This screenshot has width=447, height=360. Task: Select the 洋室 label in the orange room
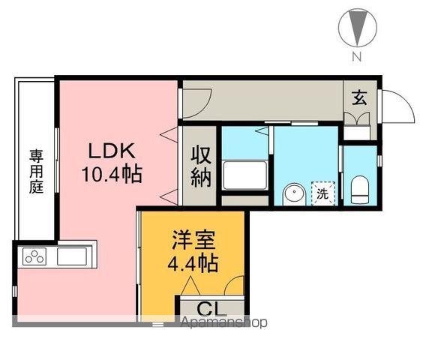193,241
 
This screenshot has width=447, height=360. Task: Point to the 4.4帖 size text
193,264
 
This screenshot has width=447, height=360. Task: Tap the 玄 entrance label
359,97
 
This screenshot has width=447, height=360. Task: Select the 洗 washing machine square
322,192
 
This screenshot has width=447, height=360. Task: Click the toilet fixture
359,187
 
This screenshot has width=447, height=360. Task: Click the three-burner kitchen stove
34,257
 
